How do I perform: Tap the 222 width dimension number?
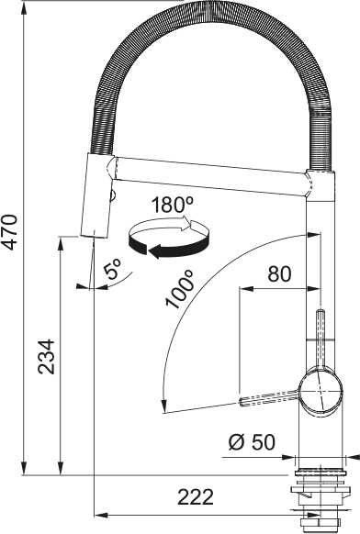[196, 497]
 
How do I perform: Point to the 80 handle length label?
[279, 273]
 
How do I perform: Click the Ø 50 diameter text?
[251, 442]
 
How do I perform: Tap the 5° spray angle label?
[113, 271]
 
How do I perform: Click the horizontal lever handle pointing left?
[271, 399]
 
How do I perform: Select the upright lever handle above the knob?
[321, 339]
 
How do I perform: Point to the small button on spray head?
[113, 195]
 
